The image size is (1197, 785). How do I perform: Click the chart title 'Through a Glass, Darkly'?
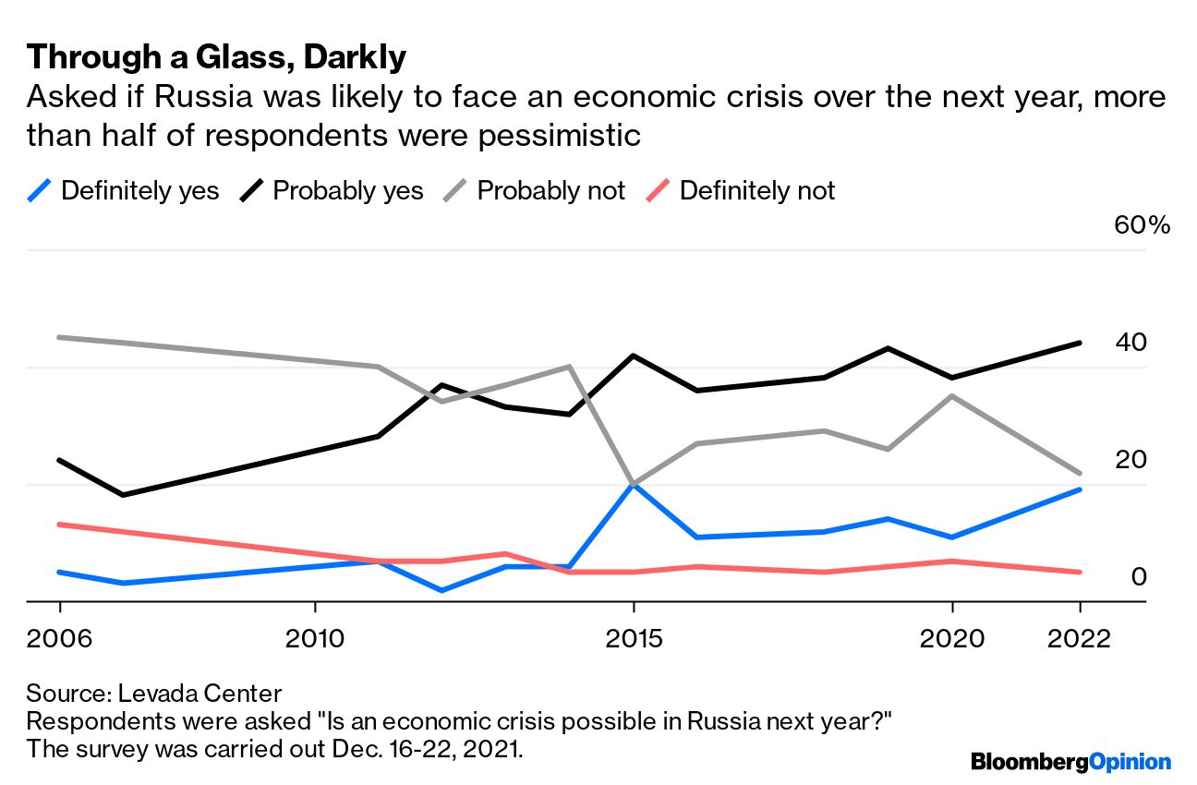coord(216,57)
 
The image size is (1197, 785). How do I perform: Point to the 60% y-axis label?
coord(1142,225)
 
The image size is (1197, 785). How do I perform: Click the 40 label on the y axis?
coord(1130,343)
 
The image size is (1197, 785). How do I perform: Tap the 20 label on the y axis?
coord(1130,460)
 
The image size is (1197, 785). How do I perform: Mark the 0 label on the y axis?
coord(1139,577)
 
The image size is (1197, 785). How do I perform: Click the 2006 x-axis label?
coord(60,638)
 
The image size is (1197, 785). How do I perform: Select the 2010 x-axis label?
coord(315,638)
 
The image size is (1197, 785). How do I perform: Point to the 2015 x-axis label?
coord(633,638)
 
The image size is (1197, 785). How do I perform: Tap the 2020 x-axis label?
coord(951,638)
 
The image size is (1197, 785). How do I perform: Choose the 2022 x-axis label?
coord(1078,638)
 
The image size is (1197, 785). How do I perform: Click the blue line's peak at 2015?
coord(633,482)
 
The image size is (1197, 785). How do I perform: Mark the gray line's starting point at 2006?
coord(60,337)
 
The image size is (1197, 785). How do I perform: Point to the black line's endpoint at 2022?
coord(1079,343)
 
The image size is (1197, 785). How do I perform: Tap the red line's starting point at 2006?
coord(60,525)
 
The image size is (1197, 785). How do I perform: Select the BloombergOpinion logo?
coord(1070,762)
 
